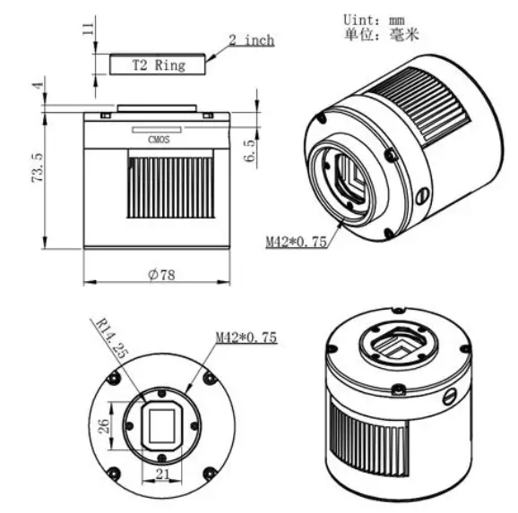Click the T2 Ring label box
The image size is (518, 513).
(157, 64)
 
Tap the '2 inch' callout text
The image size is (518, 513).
(252, 40)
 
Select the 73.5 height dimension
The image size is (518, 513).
(38, 167)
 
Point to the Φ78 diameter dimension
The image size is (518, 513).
(161, 274)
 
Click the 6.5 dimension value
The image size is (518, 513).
(250, 151)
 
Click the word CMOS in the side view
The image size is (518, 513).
(159, 140)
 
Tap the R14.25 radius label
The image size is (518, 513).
(112, 338)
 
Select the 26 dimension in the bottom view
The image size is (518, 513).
(103, 426)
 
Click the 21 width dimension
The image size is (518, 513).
(162, 474)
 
